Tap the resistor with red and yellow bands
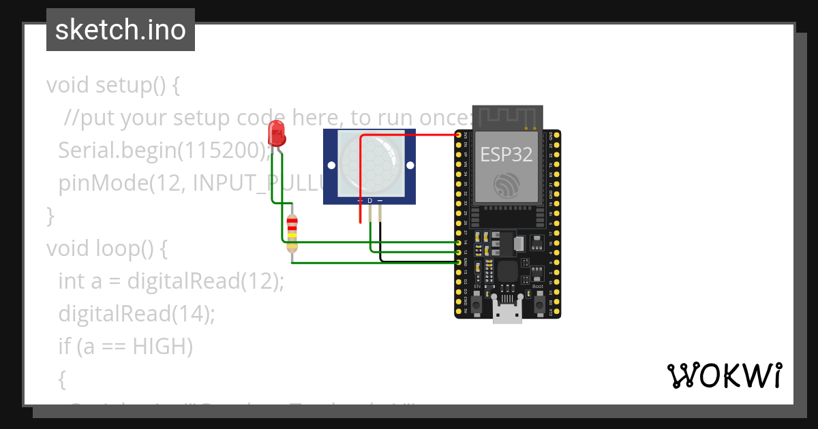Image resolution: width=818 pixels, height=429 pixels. [x=292, y=234]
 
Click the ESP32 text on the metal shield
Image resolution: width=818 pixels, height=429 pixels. [x=506, y=154]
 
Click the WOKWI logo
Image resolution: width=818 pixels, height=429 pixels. [x=724, y=375]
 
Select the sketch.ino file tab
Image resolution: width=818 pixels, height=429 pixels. [x=121, y=30]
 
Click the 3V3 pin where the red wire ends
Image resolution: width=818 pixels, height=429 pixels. [x=459, y=135]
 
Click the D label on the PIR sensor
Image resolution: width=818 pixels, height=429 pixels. [x=370, y=201]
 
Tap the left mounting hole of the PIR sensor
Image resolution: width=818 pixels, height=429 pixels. [x=331, y=165]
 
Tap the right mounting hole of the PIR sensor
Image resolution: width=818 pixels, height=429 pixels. [x=409, y=165]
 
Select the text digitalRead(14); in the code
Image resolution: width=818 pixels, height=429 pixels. [x=136, y=314]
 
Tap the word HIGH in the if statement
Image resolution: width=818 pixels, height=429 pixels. [x=162, y=347]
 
